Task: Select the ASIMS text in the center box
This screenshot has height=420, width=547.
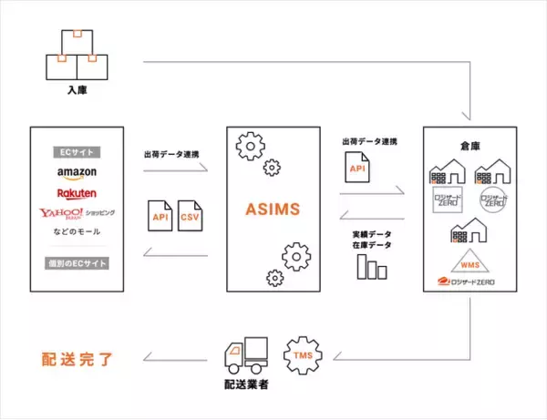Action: (272, 210)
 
